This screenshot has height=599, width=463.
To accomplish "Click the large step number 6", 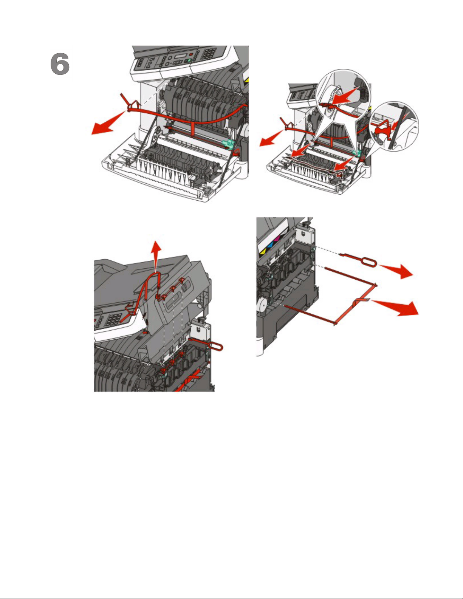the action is click(x=60, y=64).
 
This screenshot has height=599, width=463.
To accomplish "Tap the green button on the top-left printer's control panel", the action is click(x=189, y=60).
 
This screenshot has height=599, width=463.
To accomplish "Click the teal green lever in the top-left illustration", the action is click(x=229, y=143).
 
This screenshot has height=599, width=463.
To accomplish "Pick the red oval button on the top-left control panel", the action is click(x=191, y=54).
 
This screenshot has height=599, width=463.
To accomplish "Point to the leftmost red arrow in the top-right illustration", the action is click(x=271, y=138).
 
